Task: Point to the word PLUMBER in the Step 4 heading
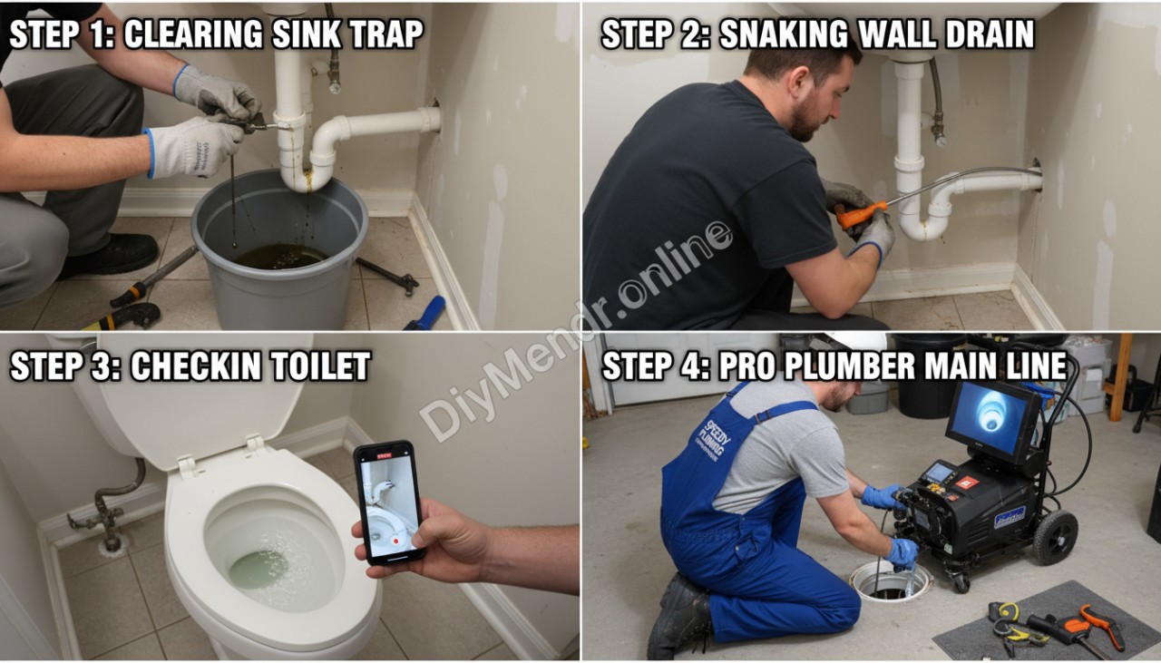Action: (x=839, y=366)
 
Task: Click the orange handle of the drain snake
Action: (x=856, y=216)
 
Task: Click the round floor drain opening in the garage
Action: (x=890, y=582)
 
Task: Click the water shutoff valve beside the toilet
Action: (x=106, y=516)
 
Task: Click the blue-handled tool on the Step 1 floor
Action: (x=426, y=313)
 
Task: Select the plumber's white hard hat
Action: (x=856, y=340)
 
